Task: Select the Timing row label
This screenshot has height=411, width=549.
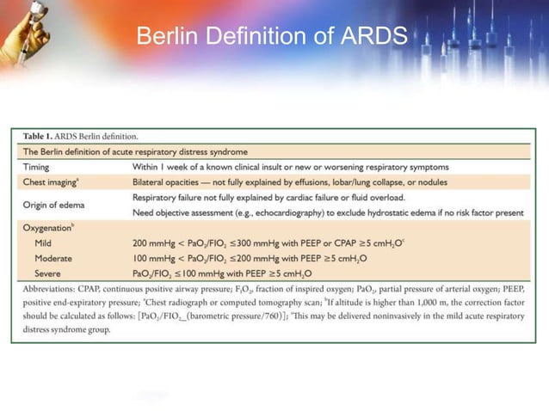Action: (40, 167)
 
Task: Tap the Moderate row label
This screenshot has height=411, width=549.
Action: (52, 258)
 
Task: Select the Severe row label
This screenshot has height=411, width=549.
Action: (47, 273)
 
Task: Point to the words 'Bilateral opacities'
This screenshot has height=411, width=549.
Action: (172, 182)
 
